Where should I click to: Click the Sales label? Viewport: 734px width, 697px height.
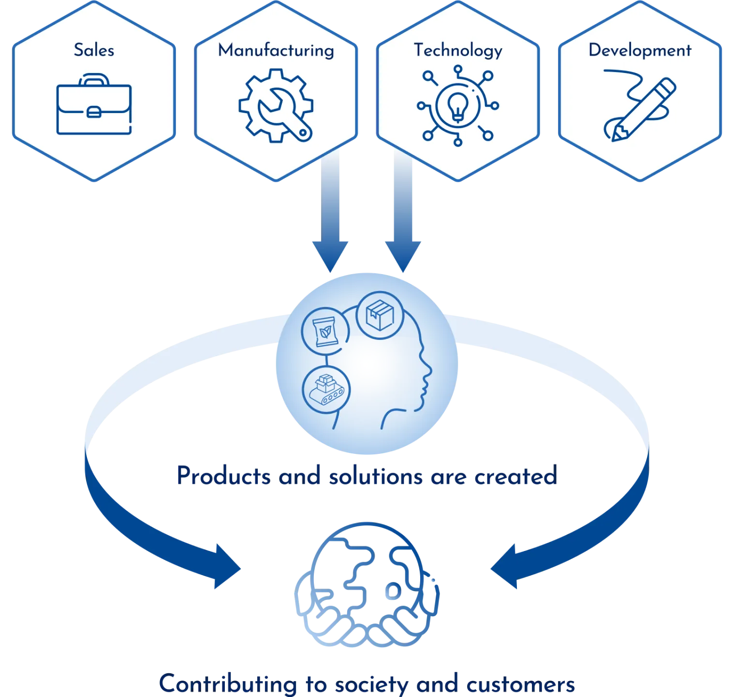tap(94, 50)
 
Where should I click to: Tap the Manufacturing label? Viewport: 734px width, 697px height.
tap(276, 50)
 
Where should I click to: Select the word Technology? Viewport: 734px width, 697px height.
tap(458, 51)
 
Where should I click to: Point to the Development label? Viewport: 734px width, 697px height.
tap(640, 50)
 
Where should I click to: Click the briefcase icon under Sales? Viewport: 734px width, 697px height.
tap(94, 105)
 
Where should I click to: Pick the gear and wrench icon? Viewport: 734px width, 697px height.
tap(276, 105)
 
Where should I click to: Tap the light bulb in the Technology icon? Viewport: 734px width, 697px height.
tap(457, 105)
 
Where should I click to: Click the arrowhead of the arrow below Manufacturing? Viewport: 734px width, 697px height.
tap(330, 257)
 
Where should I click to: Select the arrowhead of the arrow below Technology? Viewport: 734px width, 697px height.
tap(403, 257)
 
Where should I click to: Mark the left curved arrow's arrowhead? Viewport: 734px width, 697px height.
tap(227, 566)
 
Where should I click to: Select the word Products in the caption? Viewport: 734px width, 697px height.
tap(223, 476)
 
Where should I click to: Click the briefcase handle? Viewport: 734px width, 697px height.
tap(93, 80)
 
